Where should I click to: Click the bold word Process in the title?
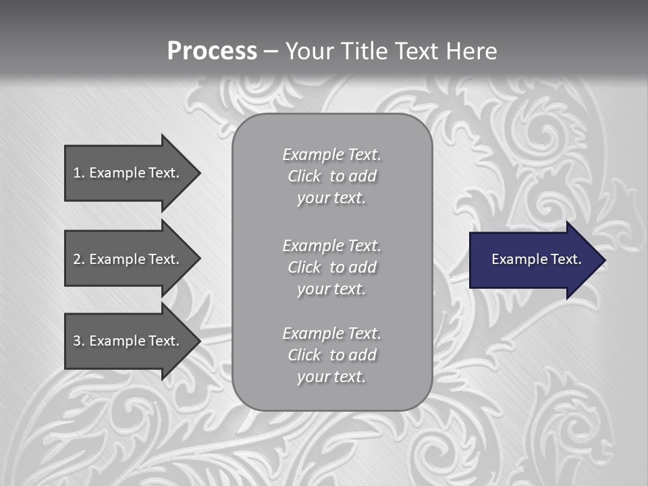pyautogui.click(x=212, y=51)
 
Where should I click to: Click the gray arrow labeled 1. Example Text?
pyautogui.click(x=128, y=173)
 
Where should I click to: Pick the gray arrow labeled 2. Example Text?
pyautogui.click(x=128, y=259)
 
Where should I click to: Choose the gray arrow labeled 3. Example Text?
pyautogui.click(x=128, y=341)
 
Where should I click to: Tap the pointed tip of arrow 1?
pyautogui.click(x=198, y=173)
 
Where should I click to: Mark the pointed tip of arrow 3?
pyautogui.click(x=198, y=341)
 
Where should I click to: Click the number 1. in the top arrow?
pyautogui.click(x=78, y=173)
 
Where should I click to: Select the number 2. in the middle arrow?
pyautogui.click(x=78, y=259)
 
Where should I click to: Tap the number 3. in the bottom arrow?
pyautogui.click(x=78, y=341)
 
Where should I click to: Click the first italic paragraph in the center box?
pyautogui.click(x=331, y=176)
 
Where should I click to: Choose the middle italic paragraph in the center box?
pyautogui.click(x=331, y=267)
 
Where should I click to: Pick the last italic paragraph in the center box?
pyautogui.click(x=331, y=355)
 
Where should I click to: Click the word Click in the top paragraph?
pyautogui.click(x=304, y=176)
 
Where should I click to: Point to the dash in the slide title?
pyautogui.click(x=271, y=52)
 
